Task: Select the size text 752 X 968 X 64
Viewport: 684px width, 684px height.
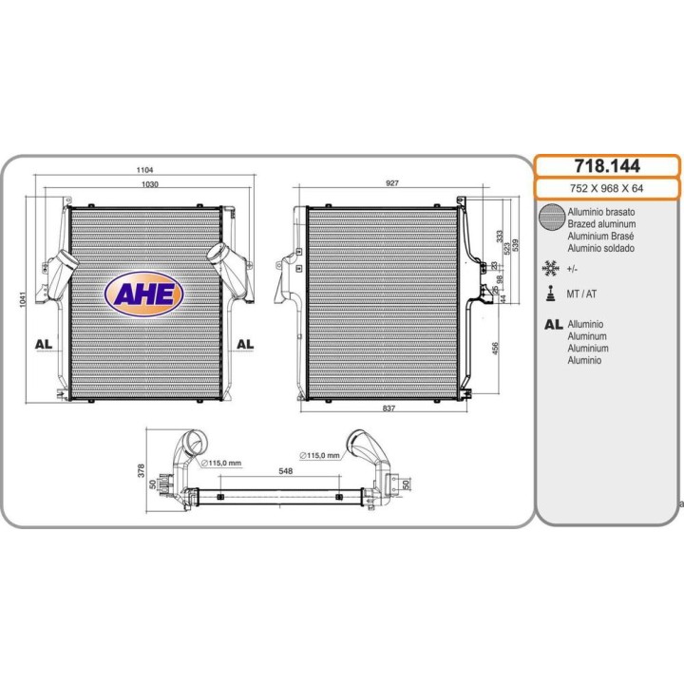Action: tap(608, 189)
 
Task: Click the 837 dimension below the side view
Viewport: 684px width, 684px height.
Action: tap(389, 408)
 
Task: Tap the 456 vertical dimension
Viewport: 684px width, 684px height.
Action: tap(495, 347)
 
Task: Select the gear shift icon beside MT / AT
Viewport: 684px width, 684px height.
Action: tap(549, 294)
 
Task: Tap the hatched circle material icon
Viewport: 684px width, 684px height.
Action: tap(550, 218)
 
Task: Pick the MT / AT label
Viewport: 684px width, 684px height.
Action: tap(581, 294)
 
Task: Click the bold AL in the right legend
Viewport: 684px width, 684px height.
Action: tap(553, 325)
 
